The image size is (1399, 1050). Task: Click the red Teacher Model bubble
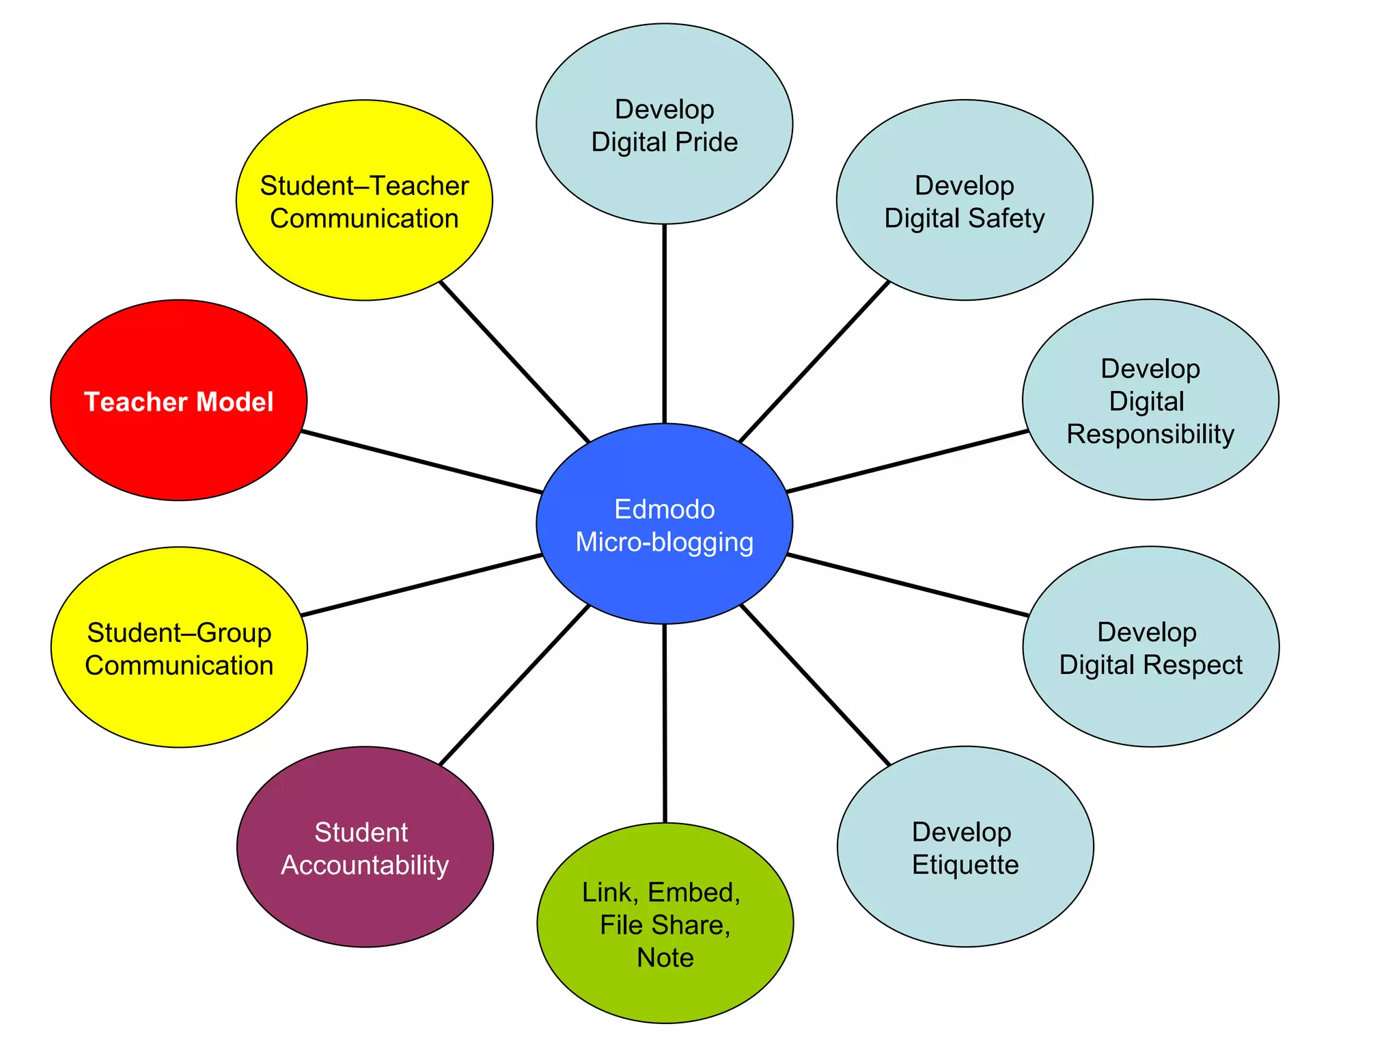(179, 401)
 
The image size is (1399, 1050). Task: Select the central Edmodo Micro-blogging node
(664, 524)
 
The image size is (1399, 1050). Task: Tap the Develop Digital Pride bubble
(664, 124)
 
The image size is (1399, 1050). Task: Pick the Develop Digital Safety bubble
(965, 200)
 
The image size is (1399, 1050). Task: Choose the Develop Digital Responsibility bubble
(1150, 400)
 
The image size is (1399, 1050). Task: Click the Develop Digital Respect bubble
(1150, 647)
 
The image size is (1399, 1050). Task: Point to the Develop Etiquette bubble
(965, 846)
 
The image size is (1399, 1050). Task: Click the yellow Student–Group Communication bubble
(179, 647)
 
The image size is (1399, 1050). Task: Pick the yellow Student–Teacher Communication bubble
(364, 200)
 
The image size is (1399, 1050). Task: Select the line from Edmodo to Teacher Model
(421, 461)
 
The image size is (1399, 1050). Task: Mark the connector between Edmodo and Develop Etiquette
(815, 684)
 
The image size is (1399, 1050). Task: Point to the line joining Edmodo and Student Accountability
(514, 684)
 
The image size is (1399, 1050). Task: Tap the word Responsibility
(1150, 434)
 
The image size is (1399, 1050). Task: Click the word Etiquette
(965, 865)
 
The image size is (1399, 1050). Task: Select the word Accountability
(365, 865)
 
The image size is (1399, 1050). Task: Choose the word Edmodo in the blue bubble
(664, 509)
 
